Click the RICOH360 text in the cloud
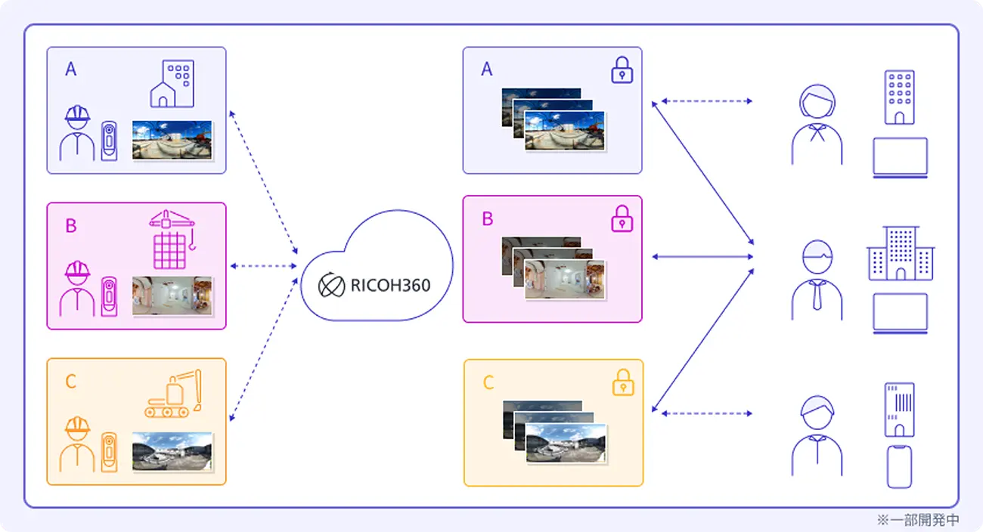click(x=390, y=285)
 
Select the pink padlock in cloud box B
click(x=622, y=220)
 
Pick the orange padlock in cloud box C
click(x=622, y=382)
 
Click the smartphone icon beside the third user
click(x=899, y=466)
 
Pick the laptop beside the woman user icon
click(x=900, y=157)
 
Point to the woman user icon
click(x=817, y=125)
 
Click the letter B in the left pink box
click(x=71, y=225)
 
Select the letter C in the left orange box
click(x=71, y=382)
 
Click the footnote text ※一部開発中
click(x=917, y=520)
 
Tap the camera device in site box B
click(x=110, y=297)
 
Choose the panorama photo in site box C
click(x=172, y=452)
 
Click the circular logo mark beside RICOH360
click(x=331, y=286)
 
